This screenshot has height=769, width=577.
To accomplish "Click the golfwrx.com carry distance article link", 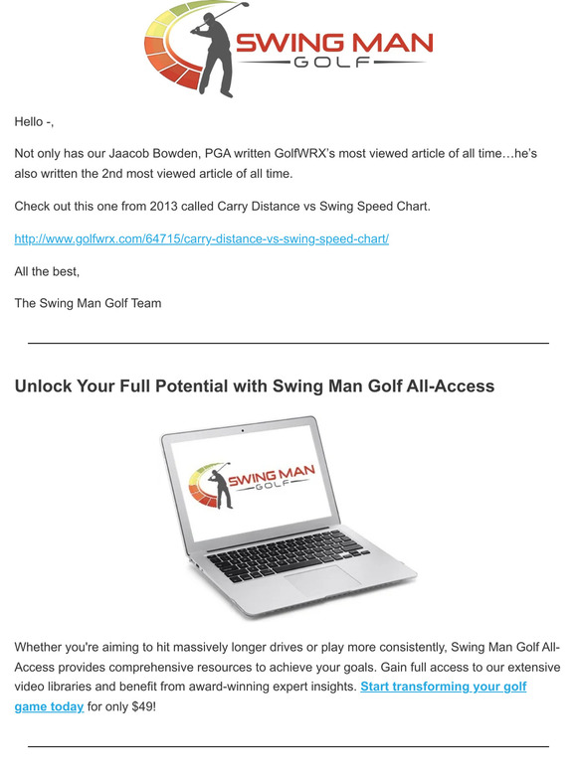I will point(201,239).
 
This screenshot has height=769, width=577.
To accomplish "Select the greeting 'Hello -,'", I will point(34,121).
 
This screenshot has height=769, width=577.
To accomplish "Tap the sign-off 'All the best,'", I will point(47,271).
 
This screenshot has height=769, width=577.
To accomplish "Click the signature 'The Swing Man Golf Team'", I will point(88,303).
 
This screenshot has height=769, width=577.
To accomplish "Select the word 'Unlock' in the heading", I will point(46,385).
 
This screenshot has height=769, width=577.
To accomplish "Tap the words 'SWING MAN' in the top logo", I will point(333,42).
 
